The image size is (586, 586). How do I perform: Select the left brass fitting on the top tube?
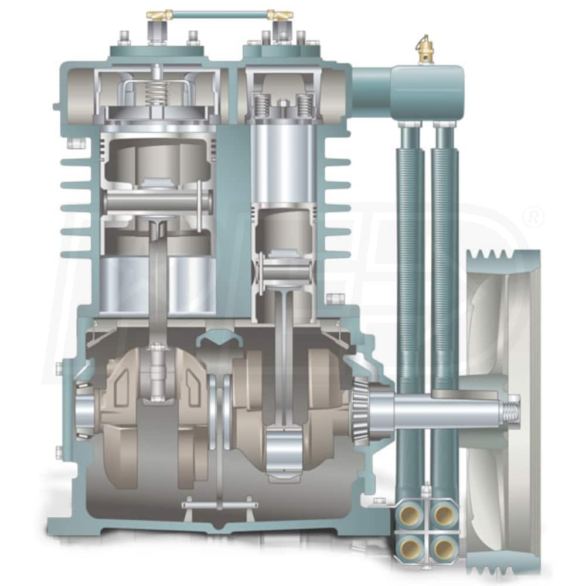[157, 15]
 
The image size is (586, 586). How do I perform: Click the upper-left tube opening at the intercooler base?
[408, 515]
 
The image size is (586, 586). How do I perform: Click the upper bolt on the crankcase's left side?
[59, 369]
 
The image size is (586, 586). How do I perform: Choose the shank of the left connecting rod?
[158, 281]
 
